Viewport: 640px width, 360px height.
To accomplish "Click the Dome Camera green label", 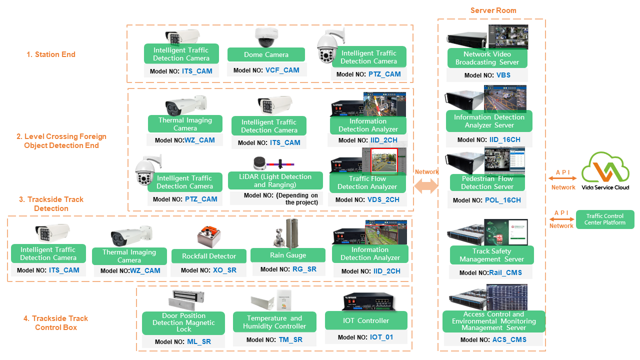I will [266, 54].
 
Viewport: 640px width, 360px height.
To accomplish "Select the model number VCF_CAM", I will [282, 70].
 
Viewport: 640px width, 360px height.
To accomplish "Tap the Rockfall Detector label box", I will [209, 256].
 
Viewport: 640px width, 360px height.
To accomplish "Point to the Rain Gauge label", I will [288, 255].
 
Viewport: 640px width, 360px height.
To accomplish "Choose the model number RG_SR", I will [303, 269].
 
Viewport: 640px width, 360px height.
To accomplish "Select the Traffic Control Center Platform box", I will [605, 219].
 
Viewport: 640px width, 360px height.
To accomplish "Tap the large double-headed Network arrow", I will [426, 186].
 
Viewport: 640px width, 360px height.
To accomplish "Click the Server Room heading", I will [493, 10].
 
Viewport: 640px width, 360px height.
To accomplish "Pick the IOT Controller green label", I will [366, 320].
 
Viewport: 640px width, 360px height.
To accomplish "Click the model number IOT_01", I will [381, 337].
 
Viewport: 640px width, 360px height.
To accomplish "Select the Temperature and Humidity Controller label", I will [274, 322].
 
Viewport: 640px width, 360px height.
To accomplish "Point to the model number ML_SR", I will [199, 342].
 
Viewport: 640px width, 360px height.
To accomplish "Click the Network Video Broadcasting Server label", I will [487, 58].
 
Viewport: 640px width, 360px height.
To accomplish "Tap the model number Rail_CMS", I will [505, 272].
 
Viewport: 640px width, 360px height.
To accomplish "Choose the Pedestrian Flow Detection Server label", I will [487, 182].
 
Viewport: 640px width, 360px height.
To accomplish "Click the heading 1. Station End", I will [51, 54].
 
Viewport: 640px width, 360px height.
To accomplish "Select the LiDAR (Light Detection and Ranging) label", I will [275, 180].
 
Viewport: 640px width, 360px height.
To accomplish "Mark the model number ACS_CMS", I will [509, 340].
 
